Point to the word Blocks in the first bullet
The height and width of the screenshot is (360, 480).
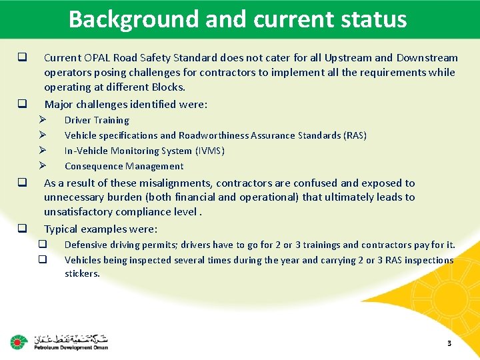[168, 87]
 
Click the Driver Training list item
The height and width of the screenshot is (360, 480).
[97, 120]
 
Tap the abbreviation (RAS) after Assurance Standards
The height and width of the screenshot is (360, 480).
[355, 135]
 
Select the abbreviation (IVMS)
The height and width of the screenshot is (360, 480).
[210, 151]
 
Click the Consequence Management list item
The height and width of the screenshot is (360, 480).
[124, 166]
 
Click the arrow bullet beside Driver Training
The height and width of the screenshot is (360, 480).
[41, 120]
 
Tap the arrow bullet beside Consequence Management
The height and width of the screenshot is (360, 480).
[41, 166]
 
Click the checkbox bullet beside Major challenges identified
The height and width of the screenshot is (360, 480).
[22, 104]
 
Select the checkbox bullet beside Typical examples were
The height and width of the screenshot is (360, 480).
[22, 229]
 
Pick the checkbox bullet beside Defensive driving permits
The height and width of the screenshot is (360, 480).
[41, 245]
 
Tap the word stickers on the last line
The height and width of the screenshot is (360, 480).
[82, 273]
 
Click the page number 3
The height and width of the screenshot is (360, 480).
[449, 343]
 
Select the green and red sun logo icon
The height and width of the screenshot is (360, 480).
[17, 343]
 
